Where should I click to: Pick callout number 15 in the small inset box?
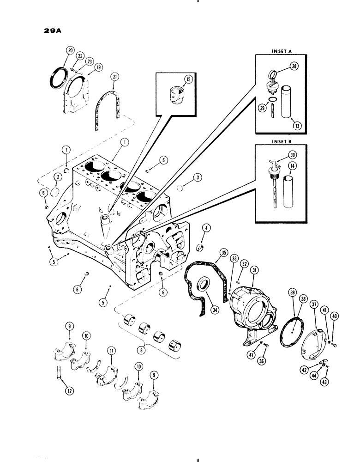point(188,79)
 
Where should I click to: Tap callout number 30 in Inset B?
point(292,155)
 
